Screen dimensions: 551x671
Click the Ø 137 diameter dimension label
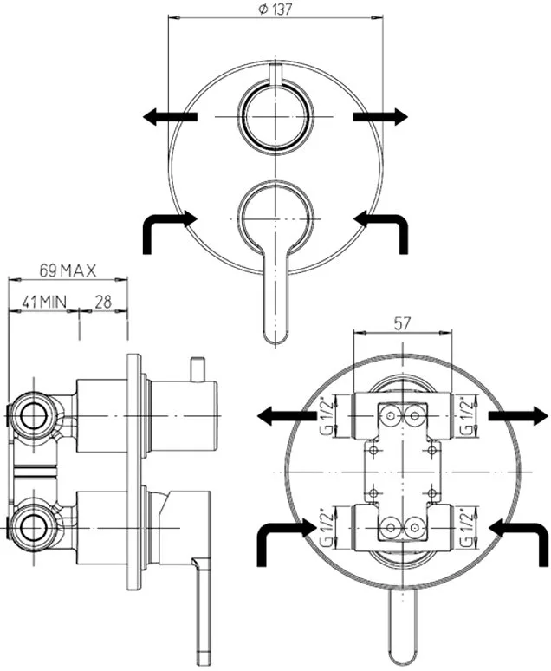click(275, 9)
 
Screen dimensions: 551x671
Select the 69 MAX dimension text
click(68, 270)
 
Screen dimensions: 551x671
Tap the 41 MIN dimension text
click(44, 302)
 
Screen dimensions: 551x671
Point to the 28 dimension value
click(103, 302)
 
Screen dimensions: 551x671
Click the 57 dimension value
click(402, 323)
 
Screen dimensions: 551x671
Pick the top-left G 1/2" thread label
click(327, 416)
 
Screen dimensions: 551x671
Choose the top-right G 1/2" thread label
click(469, 416)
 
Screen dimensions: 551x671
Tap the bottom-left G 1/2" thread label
click(327, 528)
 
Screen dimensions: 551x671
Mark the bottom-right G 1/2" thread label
click(469, 528)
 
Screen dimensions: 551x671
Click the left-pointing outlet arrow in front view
click(170, 116)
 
